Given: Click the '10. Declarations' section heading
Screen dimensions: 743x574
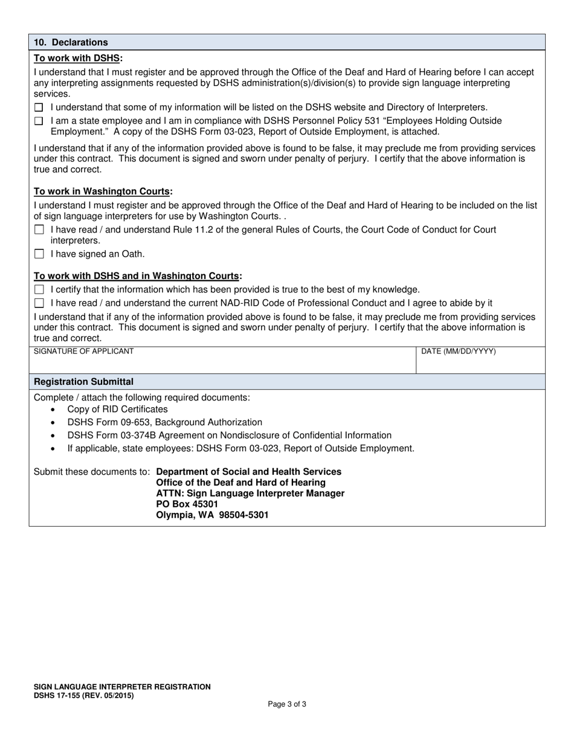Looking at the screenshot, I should pyautogui.click(x=71, y=42).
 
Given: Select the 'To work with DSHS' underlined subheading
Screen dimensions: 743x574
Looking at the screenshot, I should pyautogui.click(x=77, y=58).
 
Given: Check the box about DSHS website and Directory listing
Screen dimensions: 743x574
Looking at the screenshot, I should pyautogui.click(x=39, y=108).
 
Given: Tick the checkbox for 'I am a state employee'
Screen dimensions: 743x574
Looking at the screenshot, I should pyautogui.click(x=39, y=121).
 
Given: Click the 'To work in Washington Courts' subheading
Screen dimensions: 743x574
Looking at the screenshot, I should pyautogui.click(x=102, y=191).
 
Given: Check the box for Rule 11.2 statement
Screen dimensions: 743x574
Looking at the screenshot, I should pyautogui.click(x=39, y=230).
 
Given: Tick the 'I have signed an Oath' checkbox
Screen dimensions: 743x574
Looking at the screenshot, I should pyautogui.click(x=39, y=254).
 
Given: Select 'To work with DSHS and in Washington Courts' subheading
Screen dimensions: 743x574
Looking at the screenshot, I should pyautogui.click(x=137, y=276).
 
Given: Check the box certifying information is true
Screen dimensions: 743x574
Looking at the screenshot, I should pyautogui.click(x=39, y=290).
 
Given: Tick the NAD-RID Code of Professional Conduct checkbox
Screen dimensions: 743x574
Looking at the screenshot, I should pyautogui.click(x=39, y=303).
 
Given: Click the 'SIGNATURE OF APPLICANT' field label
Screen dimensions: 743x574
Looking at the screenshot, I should pyautogui.click(x=84, y=352).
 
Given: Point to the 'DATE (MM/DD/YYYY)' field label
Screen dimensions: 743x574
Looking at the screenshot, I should pyautogui.click(x=458, y=352).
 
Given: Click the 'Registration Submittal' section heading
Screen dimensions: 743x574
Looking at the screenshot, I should pyautogui.click(x=84, y=382).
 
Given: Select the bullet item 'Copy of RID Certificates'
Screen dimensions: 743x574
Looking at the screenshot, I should pyautogui.click(x=117, y=410).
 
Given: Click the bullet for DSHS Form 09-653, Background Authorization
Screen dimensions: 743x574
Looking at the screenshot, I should pyautogui.click(x=164, y=422).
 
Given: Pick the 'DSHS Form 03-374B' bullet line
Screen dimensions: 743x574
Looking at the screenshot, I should pyautogui.click(x=229, y=436).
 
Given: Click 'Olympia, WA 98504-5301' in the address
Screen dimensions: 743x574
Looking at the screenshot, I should pyautogui.click(x=212, y=515).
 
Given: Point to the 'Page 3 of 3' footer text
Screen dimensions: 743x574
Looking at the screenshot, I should pyautogui.click(x=287, y=704).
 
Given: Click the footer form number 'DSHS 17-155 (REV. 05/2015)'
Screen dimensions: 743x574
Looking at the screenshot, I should pyautogui.click(x=84, y=696).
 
